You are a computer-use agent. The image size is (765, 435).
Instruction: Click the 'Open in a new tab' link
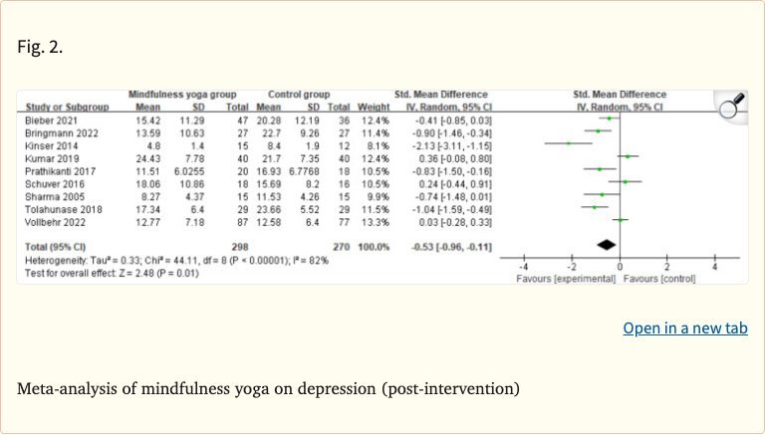685,328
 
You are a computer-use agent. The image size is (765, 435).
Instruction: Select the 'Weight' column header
374,105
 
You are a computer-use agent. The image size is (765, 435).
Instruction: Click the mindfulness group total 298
237,244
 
